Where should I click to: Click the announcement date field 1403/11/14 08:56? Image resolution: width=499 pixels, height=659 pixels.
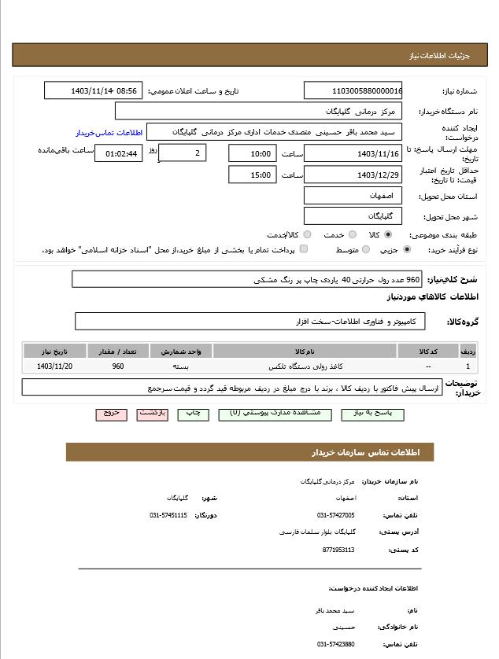[x=92, y=90]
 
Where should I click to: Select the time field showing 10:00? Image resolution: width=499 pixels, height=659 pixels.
[x=253, y=153]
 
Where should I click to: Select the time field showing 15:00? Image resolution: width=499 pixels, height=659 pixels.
[x=253, y=175]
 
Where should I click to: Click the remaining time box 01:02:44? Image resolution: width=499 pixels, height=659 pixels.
[x=118, y=153]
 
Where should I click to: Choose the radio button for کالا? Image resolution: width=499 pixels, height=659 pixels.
[x=388, y=234]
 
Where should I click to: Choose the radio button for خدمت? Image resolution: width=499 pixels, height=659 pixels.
[x=352, y=234]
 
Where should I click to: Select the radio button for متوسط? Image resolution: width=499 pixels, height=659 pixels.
[x=365, y=249]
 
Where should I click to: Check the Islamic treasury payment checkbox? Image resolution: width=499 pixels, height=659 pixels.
[x=304, y=249]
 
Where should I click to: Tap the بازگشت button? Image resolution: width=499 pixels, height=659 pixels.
[x=152, y=414]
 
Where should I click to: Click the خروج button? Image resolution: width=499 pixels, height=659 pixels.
[x=111, y=414]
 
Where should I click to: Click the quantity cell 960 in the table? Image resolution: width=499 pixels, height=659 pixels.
[x=118, y=366]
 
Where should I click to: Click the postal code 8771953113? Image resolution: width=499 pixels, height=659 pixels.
[x=338, y=550]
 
